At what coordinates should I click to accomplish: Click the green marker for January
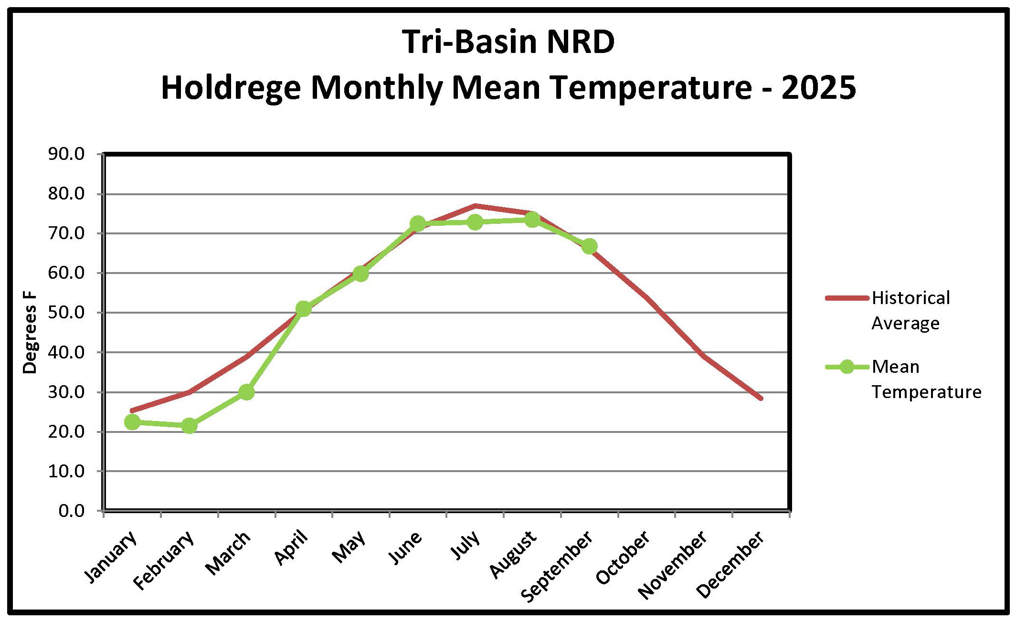point(132,422)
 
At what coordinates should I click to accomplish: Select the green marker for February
point(190,425)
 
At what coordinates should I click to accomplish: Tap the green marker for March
point(246,392)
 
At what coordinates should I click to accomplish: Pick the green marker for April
point(304,309)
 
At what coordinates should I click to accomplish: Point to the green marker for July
point(475,222)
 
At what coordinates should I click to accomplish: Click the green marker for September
point(589,246)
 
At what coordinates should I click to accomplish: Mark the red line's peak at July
point(475,206)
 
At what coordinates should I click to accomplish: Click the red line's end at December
point(761,398)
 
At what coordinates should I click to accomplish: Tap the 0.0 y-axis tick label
point(72,511)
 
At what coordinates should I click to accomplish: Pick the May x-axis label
point(349,547)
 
